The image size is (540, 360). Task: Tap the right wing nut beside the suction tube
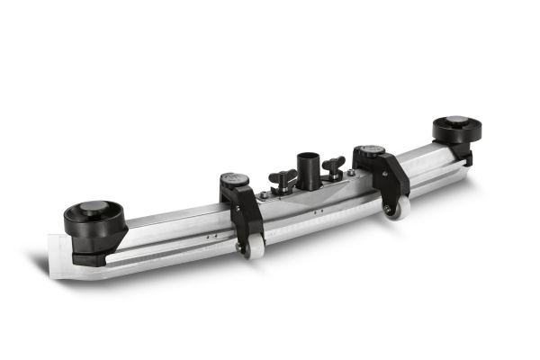(335, 165)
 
